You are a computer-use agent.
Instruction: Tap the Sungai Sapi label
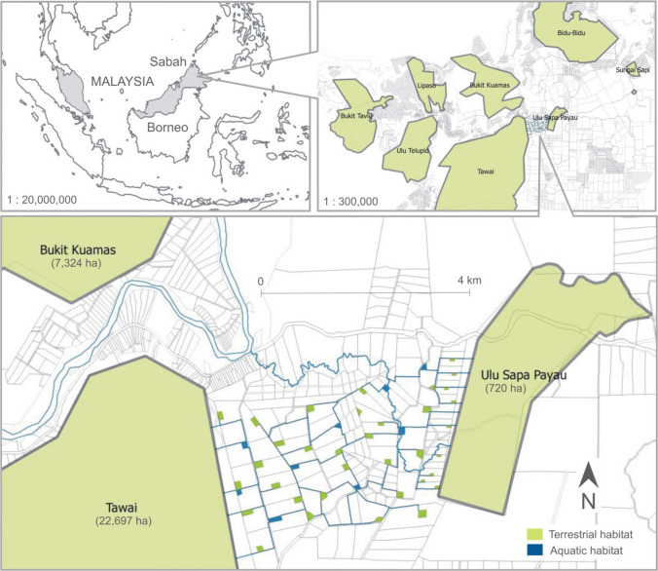[x=632, y=69]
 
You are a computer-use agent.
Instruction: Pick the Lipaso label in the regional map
[x=425, y=85]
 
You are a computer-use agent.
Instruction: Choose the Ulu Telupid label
[x=414, y=152]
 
